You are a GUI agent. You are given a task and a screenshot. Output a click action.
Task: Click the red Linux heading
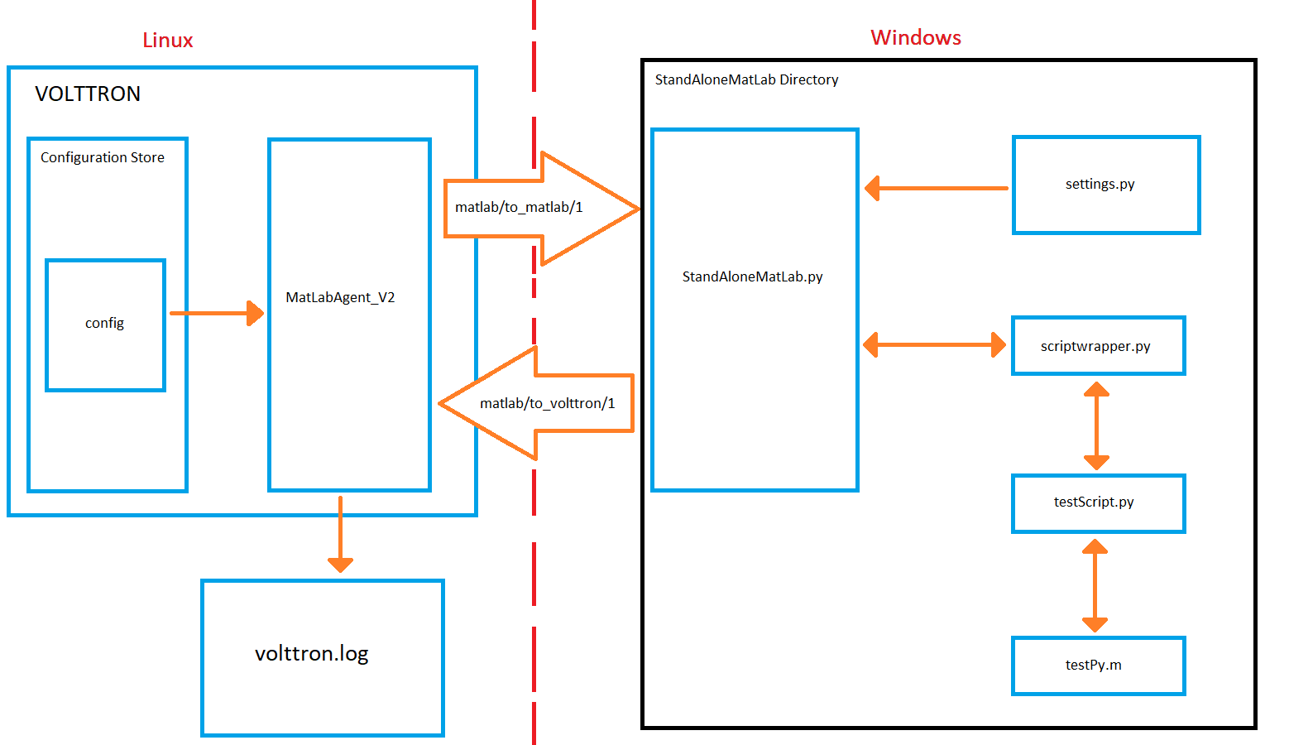[x=167, y=41]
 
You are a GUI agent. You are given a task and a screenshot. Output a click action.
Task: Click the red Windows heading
[x=916, y=37]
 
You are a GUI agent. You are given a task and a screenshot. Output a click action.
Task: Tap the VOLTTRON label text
[x=88, y=94]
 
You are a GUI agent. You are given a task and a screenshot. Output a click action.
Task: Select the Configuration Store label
[x=103, y=157]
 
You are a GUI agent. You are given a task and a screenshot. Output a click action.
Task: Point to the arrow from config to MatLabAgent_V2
[x=217, y=313]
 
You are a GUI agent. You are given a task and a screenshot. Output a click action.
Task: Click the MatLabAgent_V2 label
[x=340, y=297]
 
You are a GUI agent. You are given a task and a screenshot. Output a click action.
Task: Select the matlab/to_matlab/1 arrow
[x=541, y=209]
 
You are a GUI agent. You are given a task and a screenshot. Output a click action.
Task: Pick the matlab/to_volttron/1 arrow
[x=536, y=403]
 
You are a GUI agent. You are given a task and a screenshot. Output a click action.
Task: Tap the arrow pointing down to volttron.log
[x=340, y=534]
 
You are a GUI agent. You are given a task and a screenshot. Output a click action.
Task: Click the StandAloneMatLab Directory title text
[x=746, y=79]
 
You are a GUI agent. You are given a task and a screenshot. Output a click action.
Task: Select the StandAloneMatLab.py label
[x=752, y=277]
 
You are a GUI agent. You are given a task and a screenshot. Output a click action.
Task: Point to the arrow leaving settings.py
[x=937, y=188]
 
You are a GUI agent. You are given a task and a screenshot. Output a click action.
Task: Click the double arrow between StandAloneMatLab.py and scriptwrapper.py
[x=935, y=345]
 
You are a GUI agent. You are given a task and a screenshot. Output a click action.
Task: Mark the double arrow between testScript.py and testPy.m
[x=1095, y=585]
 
